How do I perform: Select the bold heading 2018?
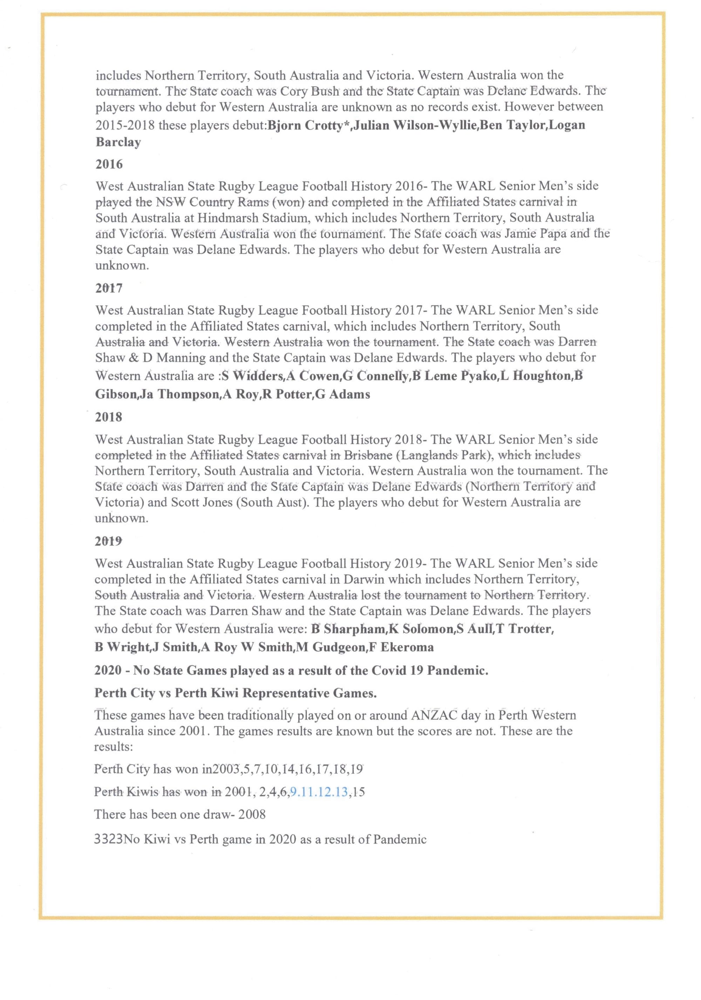(108, 417)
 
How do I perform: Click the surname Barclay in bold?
(118, 142)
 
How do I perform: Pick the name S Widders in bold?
(252, 376)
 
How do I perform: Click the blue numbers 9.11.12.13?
(319, 791)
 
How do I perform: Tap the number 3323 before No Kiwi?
(108, 839)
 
